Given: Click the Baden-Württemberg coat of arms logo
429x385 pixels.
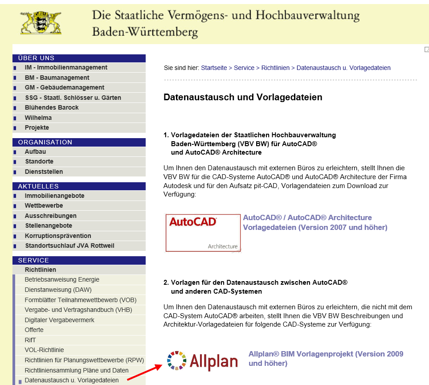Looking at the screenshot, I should (x=41, y=23).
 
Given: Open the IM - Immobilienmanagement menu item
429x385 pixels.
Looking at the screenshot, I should (x=66, y=68).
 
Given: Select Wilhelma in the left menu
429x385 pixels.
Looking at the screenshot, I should (x=38, y=118).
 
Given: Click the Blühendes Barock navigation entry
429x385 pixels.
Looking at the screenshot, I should (x=52, y=108).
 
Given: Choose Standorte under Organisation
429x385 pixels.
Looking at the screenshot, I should (x=39, y=162).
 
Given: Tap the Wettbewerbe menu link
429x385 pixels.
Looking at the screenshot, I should (x=44, y=206).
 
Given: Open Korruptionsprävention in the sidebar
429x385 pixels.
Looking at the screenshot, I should (x=58, y=236).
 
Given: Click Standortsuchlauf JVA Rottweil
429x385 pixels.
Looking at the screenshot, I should (x=69, y=246).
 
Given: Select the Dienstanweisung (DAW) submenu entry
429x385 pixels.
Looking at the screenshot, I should (x=58, y=290).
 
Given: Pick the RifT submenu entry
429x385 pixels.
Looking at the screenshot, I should (x=30, y=340).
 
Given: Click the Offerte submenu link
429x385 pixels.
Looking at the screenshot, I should (x=34, y=330).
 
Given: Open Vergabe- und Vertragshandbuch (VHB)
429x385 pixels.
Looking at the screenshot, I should (x=78, y=310).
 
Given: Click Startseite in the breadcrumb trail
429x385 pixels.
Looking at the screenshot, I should (x=214, y=68).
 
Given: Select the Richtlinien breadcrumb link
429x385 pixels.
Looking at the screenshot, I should (x=275, y=68).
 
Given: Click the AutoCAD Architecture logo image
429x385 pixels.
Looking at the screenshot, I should (x=203, y=233).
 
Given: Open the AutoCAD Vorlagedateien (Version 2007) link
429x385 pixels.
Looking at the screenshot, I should (x=315, y=223).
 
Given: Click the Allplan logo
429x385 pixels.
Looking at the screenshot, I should (x=202, y=360).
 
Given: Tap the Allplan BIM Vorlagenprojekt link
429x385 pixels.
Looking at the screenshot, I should (x=326, y=359).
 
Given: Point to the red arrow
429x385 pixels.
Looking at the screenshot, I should (x=144, y=372).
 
